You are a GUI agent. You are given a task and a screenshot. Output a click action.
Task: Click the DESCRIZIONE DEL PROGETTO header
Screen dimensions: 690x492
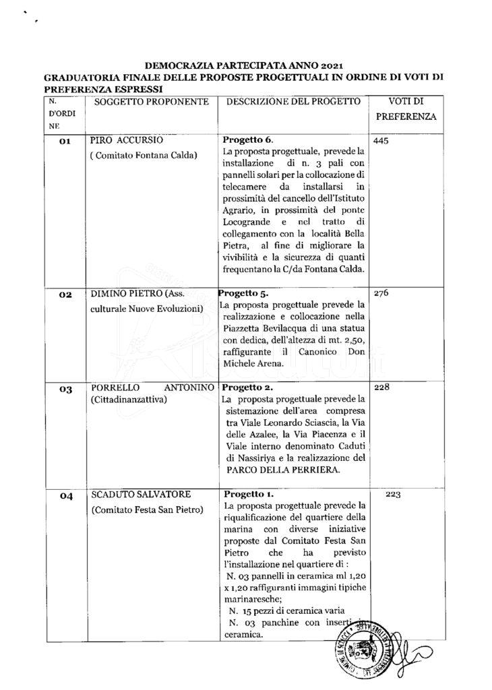(x=293, y=101)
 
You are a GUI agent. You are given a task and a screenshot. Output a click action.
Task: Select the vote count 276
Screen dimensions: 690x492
(x=381, y=294)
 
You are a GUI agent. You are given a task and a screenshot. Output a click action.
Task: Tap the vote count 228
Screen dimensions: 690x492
(x=381, y=387)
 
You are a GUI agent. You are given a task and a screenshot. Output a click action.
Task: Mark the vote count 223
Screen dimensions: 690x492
(x=394, y=495)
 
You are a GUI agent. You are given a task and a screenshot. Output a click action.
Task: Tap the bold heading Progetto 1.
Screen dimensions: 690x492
(x=247, y=494)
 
